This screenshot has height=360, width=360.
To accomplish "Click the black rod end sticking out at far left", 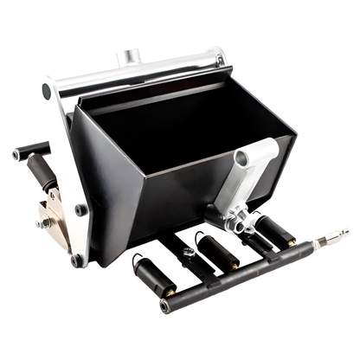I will [15, 155].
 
